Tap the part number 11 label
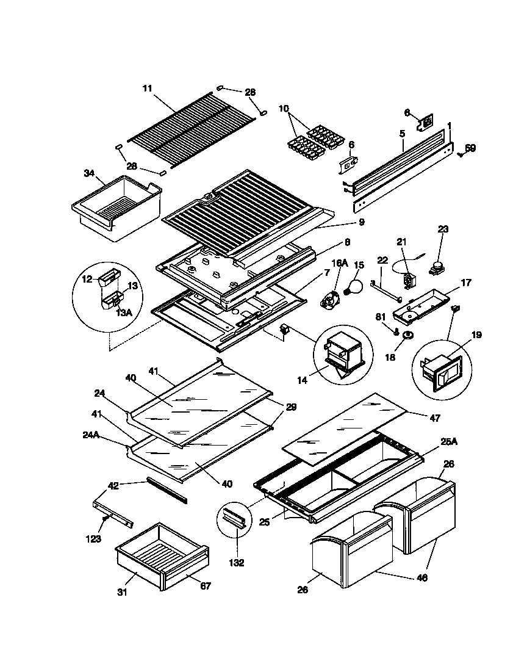(147, 89)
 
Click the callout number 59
(470, 148)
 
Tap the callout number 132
(236, 563)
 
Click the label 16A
(339, 264)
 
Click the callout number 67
(206, 587)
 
